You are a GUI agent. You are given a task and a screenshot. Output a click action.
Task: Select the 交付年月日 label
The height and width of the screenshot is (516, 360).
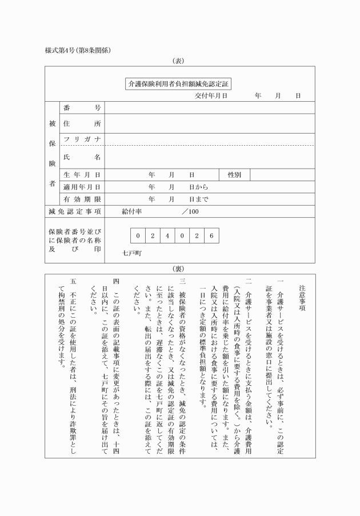[x=211, y=95]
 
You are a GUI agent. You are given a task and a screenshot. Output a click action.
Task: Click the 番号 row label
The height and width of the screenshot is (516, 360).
[x=82, y=108]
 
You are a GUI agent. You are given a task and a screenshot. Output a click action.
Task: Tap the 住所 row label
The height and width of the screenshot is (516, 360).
[x=82, y=123]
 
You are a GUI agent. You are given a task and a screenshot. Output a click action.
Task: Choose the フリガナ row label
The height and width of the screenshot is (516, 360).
[x=82, y=139]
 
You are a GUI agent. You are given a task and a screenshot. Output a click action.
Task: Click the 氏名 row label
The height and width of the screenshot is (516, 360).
[x=82, y=157]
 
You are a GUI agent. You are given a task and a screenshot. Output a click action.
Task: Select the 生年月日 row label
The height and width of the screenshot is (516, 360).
[x=82, y=174]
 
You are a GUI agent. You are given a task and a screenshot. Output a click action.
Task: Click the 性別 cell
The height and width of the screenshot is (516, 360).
[x=234, y=174]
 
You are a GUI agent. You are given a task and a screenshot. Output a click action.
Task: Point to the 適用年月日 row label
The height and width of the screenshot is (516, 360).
[x=82, y=187]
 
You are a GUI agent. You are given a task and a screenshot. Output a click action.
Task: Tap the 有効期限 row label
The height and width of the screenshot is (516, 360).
[x=82, y=199]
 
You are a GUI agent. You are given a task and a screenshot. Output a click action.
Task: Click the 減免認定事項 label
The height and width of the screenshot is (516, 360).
[x=75, y=212]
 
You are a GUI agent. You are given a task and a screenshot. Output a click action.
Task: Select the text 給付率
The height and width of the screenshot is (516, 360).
[x=131, y=212]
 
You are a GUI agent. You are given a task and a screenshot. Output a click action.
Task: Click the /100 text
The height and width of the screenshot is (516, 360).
[x=190, y=212]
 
